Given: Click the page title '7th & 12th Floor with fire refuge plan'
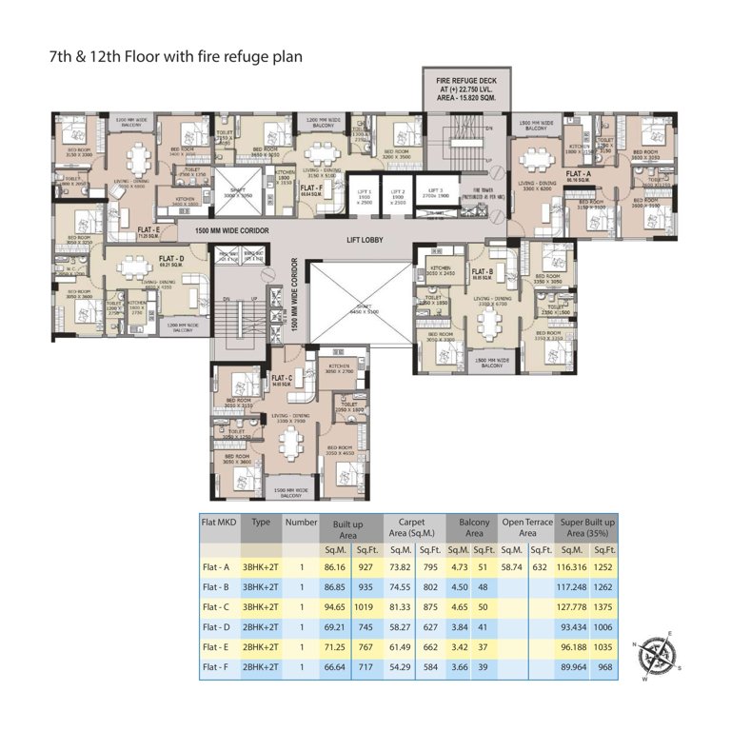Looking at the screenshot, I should (x=176, y=56).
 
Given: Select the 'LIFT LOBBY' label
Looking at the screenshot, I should (x=365, y=240).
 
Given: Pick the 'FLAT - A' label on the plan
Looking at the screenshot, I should (x=577, y=175).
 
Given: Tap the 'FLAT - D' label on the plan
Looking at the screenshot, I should (x=171, y=259).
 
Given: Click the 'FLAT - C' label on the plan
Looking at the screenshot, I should (x=282, y=377).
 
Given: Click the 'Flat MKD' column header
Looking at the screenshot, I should (x=218, y=523).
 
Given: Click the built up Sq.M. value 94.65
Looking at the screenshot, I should (x=338, y=606).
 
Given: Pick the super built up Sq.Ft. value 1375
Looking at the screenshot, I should (x=604, y=606).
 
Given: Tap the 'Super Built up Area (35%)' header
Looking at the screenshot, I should (x=587, y=528).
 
